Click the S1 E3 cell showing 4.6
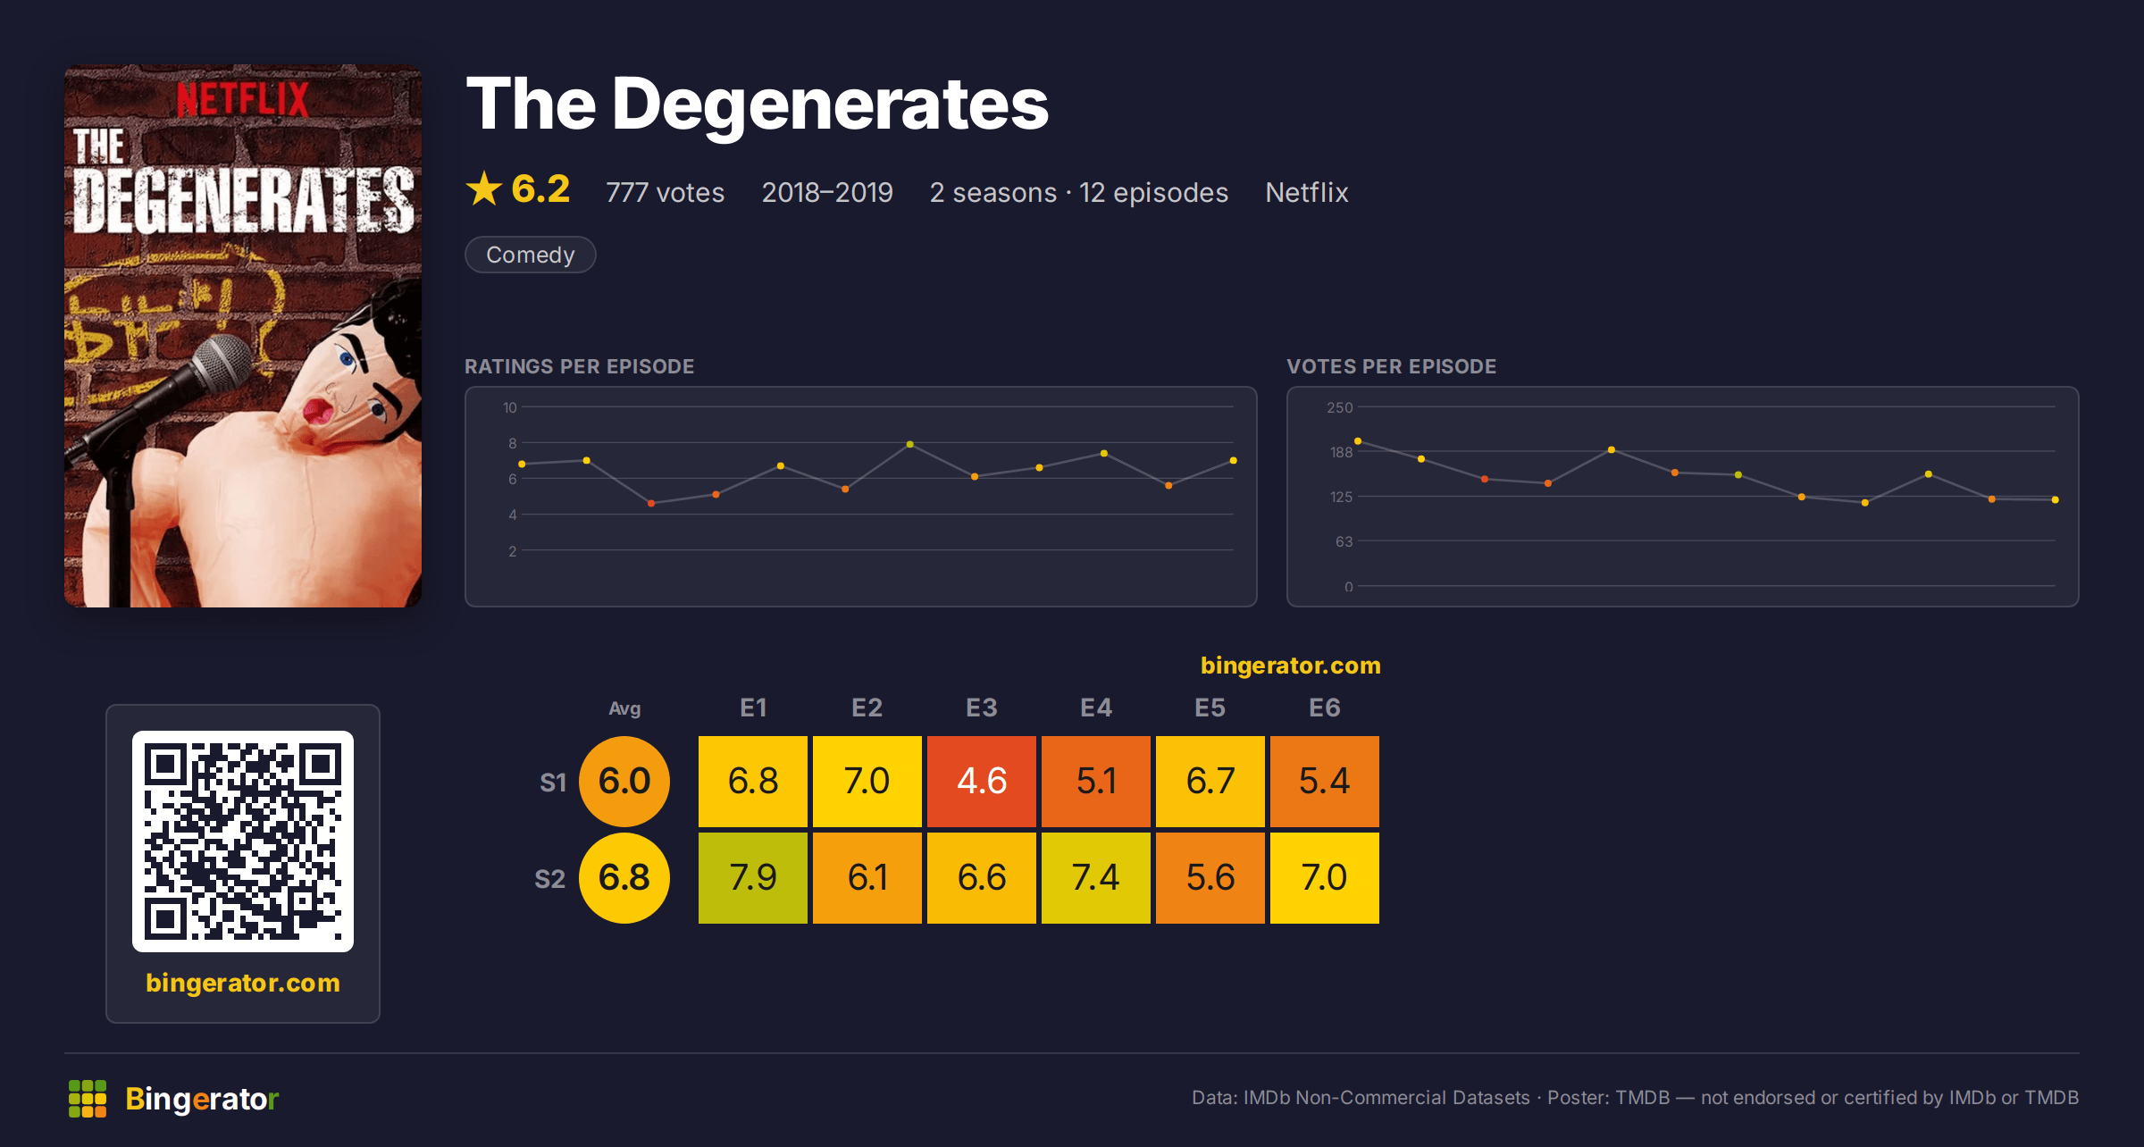(982, 781)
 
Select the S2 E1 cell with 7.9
(753, 877)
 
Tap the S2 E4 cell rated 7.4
(1096, 877)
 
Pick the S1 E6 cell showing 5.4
(1325, 781)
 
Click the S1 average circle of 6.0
(624, 781)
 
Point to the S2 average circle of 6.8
(624, 877)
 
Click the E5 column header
(1210, 707)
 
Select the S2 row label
(550, 879)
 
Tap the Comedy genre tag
(531, 255)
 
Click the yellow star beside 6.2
(484, 188)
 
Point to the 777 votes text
(666, 192)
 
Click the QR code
(243, 841)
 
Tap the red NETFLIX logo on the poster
(243, 99)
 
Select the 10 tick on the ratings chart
(510, 407)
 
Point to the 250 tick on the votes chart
(1340, 407)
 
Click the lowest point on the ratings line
(651, 504)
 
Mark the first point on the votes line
(1358, 441)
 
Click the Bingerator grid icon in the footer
(88, 1099)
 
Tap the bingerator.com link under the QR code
(243, 983)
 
